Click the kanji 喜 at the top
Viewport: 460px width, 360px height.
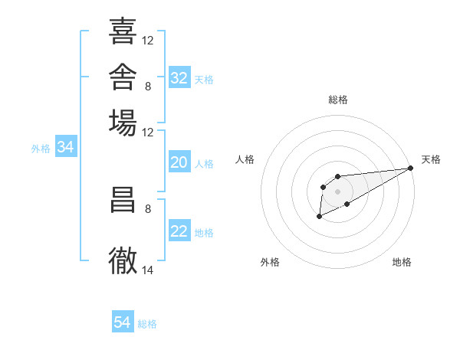click(x=123, y=31)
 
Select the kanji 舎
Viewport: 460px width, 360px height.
click(x=123, y=77)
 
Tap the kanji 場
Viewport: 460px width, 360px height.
click(x=123, y=123)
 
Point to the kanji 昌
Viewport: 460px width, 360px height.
click(x=123, y=200)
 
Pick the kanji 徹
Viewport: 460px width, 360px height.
click(x=123, y=260)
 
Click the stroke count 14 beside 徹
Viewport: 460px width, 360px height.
click(x=147, y=270)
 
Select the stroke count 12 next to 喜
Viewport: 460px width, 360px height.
click(x=147, y=41)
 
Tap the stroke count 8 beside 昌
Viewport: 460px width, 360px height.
click(x=148, y=209)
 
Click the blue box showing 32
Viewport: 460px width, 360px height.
click(x=179, y=77)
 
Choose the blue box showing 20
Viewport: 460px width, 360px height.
click(x=179, y=162)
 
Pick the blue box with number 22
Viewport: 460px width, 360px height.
click(x=179, y=230)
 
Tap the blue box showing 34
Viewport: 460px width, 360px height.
click(x=66, y=146)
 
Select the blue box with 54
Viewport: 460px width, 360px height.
click(x=123, y=321)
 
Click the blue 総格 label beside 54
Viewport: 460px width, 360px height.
click(x=147, y=324)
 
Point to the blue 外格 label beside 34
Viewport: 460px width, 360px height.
click(x=41, y=149)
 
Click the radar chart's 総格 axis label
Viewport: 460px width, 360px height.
click(x=338, y=100)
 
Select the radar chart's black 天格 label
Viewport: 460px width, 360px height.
click(x=431, y=159)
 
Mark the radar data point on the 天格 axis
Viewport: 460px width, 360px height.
click(x=410, y=168)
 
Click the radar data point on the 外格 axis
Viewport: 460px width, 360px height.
click(x=319, y=216)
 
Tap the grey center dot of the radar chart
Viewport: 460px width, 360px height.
click(x=337, y=191)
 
